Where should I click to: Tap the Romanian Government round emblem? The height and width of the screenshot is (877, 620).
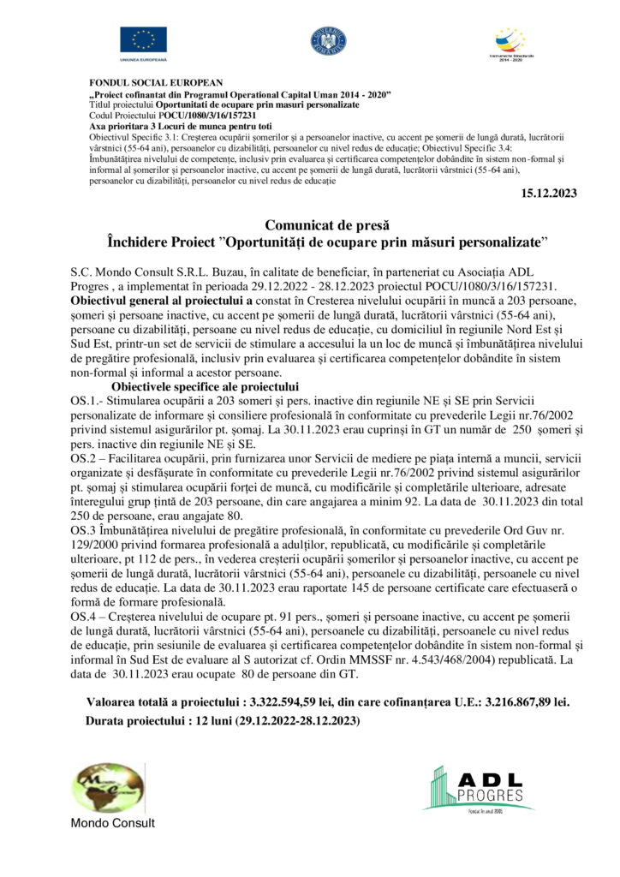(328, 39)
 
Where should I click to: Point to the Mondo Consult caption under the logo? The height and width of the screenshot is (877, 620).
(113, 823)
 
